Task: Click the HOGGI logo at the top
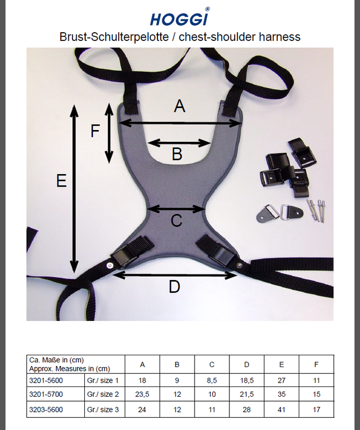click(179, 17)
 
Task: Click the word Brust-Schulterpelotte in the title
click(114, 37)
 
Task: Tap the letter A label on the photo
click(179, 106)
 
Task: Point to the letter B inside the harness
click(177, 154)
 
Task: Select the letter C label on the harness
click(176, 220)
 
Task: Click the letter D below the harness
click(175, 287)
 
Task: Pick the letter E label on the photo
click(61, 181)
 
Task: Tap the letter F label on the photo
click(95, 131)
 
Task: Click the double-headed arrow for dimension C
click(176, 209)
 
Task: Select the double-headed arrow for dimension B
click(179, 143)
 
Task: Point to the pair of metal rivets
click(315, 210)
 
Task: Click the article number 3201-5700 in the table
click(46, 395)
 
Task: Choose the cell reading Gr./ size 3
click(103, 410)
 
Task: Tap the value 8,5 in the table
click(212, 381)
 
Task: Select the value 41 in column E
click(282, 410)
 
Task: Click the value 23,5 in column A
click(142, 395)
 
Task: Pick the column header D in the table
click(247, 365)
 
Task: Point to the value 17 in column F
click(316, 410)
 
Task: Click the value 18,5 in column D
click(247, 381)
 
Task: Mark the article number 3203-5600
click(46, 410)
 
